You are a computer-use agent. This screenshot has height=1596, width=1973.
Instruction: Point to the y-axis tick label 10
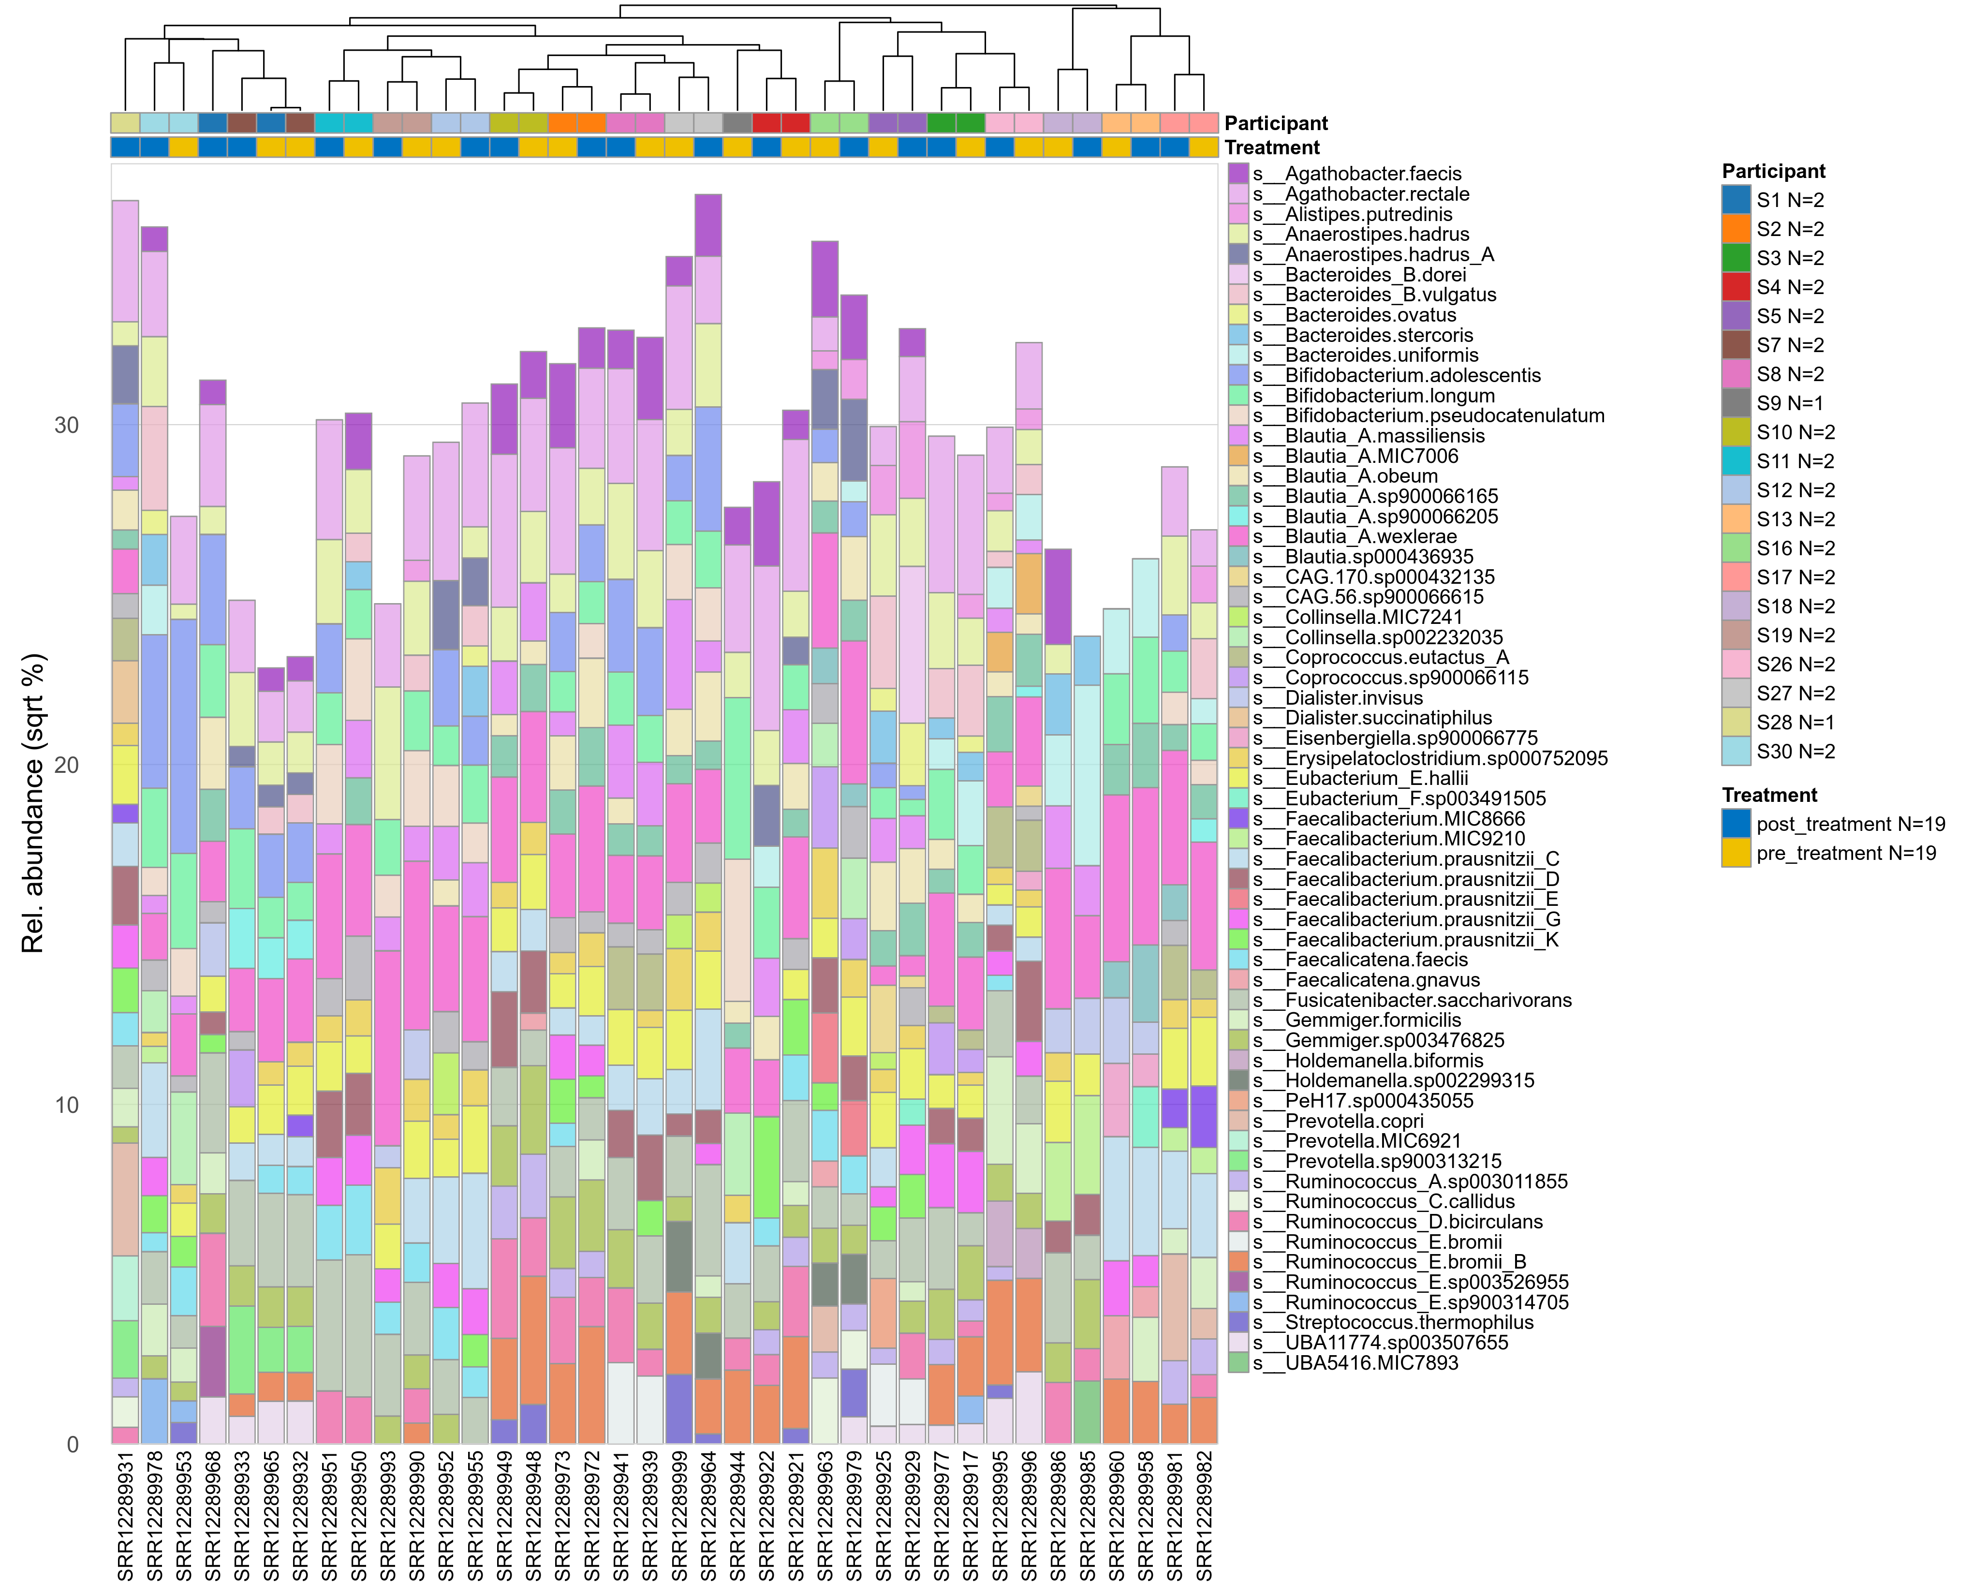point(66,1105)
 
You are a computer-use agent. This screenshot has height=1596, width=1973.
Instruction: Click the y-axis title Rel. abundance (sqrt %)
point(33,803)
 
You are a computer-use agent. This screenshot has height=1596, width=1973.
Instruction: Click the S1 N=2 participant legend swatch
point(1736,199)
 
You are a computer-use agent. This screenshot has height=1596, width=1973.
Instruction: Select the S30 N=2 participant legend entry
point(1795,751)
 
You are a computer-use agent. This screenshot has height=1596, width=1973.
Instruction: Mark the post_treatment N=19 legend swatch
point(1736,824)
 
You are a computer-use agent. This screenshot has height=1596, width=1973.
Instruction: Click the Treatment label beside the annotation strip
point(1271,147)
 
